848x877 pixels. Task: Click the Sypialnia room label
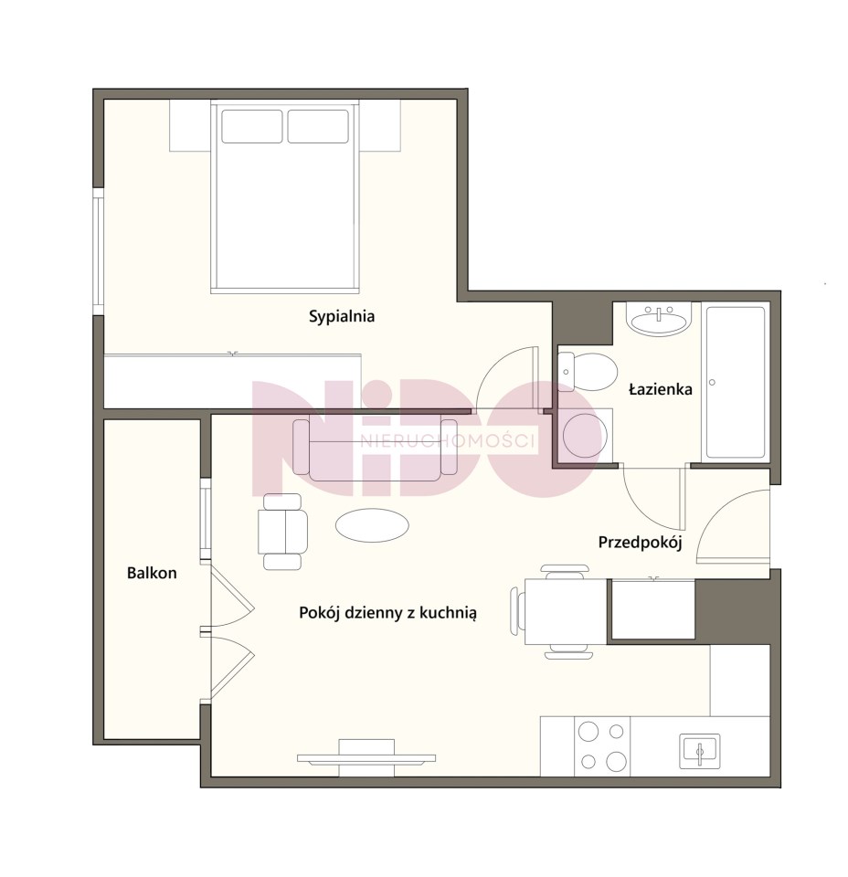coord(342,317)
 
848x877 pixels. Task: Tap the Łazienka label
coord(660,389)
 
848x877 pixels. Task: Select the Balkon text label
coord(152,573)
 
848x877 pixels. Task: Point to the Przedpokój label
coord(640,543)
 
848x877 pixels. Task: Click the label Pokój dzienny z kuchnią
coord(387,613)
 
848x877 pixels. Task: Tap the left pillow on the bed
coord(251,126)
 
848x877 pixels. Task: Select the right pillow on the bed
coord(318,126)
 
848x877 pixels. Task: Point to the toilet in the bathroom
coord(588,372)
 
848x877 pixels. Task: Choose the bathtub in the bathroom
coord(735,383)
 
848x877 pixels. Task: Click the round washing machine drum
coord(585,437)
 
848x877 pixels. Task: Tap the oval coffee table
coord(372,524)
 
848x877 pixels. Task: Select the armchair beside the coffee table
coord(282,532)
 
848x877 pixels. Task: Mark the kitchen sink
coord(700,751)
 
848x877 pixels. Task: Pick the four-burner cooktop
coord(602,746)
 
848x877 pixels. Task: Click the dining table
coord(566,611)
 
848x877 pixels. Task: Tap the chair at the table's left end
coord(517,611)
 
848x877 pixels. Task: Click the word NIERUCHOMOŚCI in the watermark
coord(448,441)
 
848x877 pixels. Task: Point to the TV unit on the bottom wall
coord(366,758)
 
